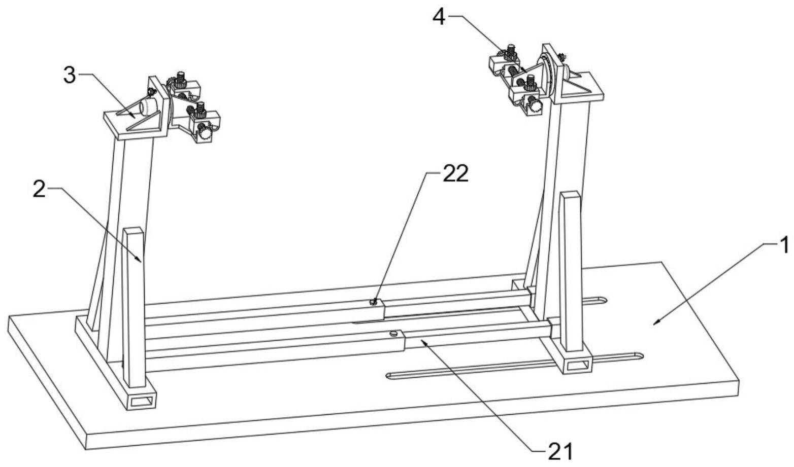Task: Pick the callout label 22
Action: coord(455,173)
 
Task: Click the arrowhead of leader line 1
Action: coord(655,322)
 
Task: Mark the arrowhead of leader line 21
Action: coord(421,341)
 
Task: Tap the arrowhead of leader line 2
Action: coord(141,261)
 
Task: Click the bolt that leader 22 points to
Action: coord(373,302)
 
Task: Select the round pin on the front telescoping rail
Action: coord(392,334)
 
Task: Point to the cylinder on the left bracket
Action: coord(148,107)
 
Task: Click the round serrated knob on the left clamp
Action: coord(204,134)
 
